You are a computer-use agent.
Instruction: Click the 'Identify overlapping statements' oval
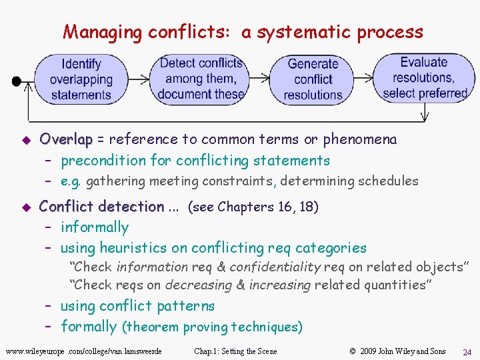[x=81, y=79]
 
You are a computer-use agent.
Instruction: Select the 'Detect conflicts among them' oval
[x=201, y=79]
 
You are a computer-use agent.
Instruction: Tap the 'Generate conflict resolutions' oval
[x=313, y=79]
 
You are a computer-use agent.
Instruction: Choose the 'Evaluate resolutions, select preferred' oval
[x=424, y=78]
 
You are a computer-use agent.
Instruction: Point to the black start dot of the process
[x=16, y=81]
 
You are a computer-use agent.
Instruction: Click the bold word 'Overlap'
[x=66, y=139]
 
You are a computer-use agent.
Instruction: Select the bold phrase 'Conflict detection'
[x=101, y=207]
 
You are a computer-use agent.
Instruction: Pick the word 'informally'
[x=95, y=227]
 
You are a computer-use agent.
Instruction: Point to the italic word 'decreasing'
[x=199, y=285]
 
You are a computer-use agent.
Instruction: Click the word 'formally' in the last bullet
[x=89, y=327]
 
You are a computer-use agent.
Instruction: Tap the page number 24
[x=467, y=351]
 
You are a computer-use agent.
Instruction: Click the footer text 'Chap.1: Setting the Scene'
[x=235, y=351]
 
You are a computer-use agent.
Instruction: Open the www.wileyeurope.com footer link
[x=83, y=351]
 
